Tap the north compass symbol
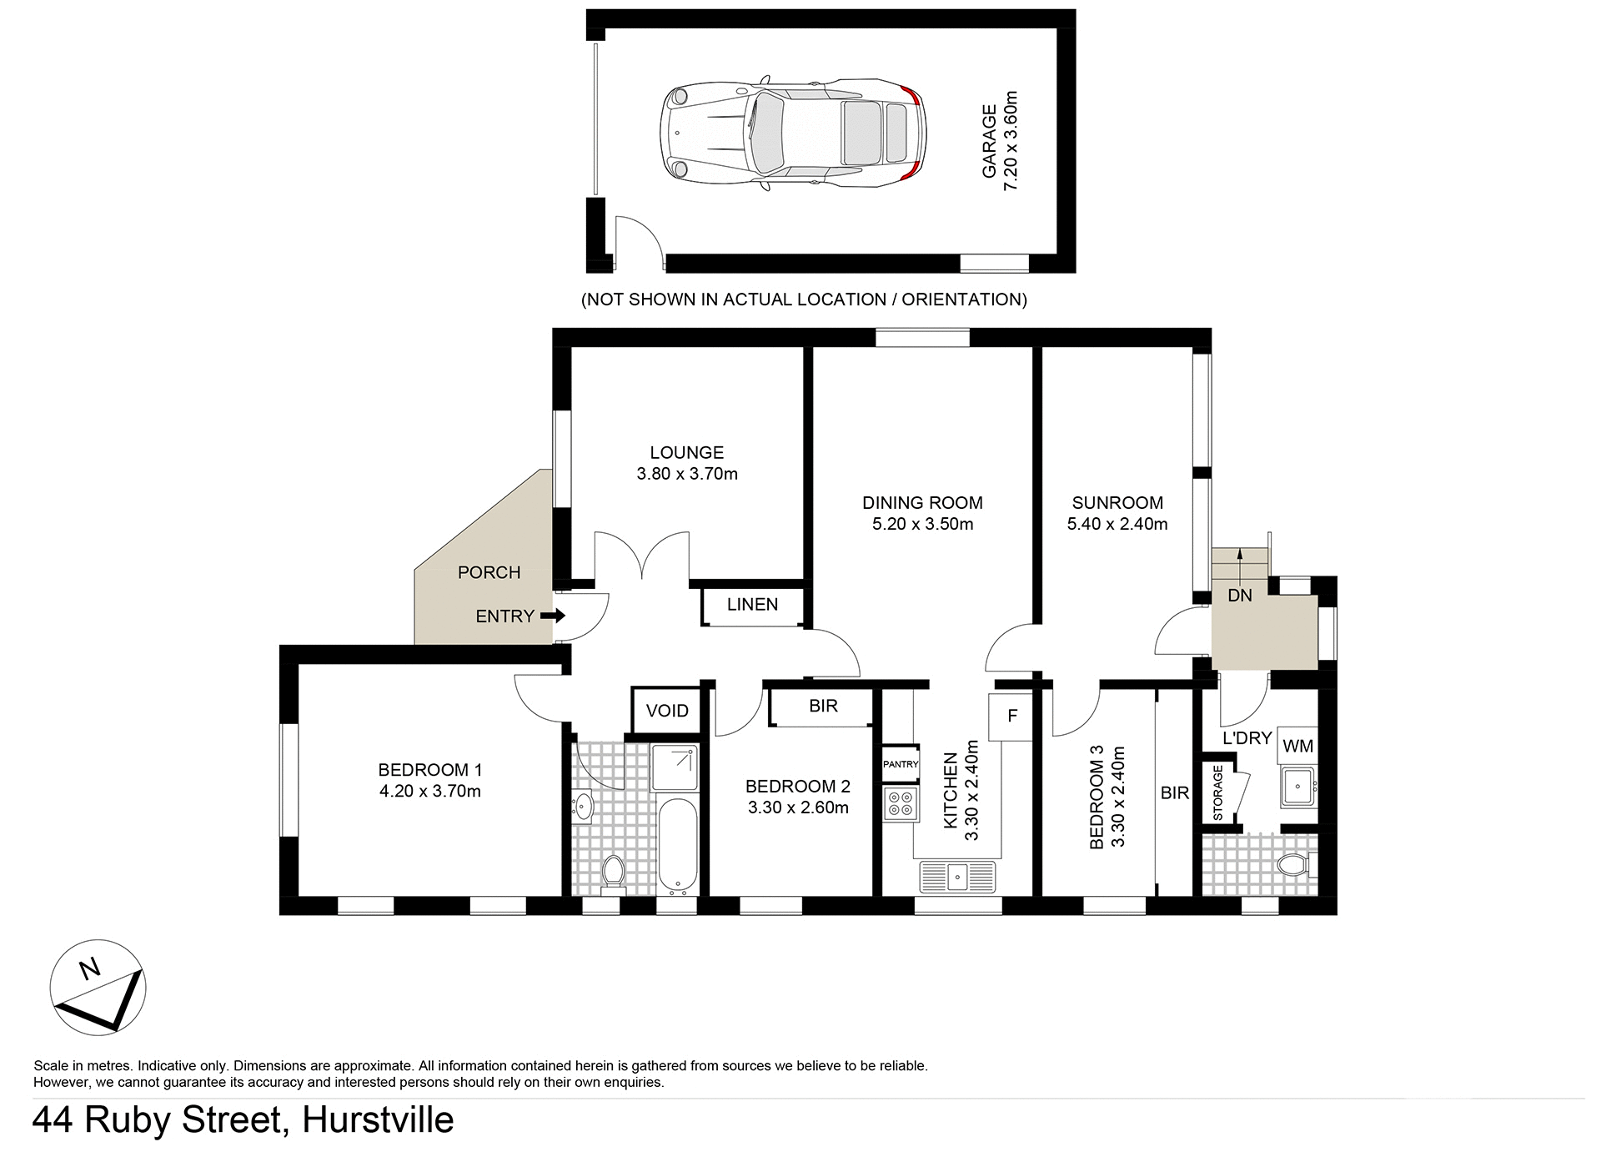98,988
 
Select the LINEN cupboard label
752,605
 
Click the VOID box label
667,711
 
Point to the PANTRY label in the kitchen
901,764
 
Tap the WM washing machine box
1297,747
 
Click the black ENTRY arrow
553,616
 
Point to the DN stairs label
1240,596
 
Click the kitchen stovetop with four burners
901,803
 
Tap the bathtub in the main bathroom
676,844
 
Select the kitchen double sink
958,876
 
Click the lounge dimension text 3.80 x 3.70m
687,475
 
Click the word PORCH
489,573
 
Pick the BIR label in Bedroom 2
823,707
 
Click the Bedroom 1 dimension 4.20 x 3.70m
430,792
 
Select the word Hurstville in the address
378,1120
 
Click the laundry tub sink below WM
1297,787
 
